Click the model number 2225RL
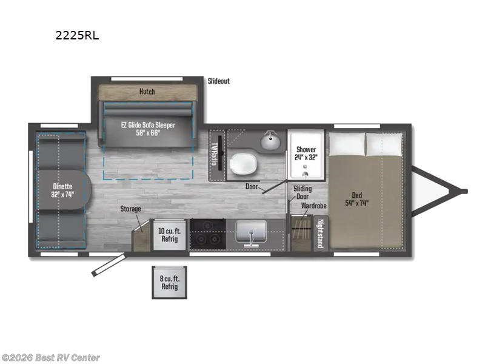coord(77,35)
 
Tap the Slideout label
coord(219,81)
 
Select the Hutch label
coord(147,92)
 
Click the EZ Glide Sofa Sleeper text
coord(148,129)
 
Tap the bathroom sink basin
coord(271,141)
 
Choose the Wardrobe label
coord(314,206)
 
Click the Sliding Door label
coord(303,193)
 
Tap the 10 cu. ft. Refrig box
coord(169,235)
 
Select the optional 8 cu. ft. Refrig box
coord(170,283)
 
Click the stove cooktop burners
coord(207,235)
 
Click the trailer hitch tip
coord(464,191)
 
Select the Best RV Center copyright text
coord(51,358)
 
